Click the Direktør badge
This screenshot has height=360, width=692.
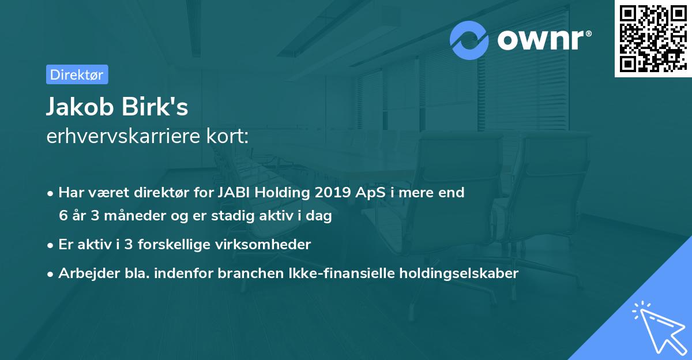pos(77,74)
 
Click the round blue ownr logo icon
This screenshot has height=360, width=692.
pos(470,40)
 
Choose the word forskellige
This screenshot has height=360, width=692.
pos(166,245)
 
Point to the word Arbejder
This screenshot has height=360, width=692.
pos(85,273)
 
